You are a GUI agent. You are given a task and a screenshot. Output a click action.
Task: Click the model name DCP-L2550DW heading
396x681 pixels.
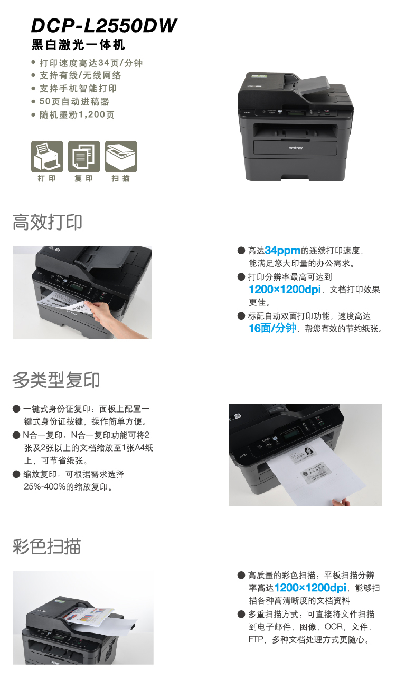coord(104,25)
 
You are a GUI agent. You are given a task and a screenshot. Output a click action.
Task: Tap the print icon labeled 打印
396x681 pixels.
coord(47,157)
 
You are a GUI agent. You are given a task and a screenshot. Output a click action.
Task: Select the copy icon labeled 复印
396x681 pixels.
coord(84,157)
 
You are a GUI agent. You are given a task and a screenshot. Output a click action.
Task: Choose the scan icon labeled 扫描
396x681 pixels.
coord(121,157)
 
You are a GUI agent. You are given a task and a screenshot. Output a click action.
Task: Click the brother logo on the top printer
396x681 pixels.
coord(296,148)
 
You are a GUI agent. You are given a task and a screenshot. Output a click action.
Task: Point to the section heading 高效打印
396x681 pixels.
coord(47,222)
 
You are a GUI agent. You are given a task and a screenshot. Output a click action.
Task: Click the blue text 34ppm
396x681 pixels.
coord(282,251)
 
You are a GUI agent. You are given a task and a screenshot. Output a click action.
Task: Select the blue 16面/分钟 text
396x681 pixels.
coord(272,328)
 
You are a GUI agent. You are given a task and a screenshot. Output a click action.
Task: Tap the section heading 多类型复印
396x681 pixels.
coord(56,380)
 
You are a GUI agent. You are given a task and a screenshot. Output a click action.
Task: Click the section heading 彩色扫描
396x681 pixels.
coord(46,546)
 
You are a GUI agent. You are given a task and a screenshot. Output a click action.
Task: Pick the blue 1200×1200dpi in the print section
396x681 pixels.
coord(285,290)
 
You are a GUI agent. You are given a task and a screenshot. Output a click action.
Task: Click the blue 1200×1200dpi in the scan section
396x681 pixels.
coord(310,588)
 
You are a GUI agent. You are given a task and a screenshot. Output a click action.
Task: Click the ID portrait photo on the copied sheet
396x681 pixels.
coord(308,449)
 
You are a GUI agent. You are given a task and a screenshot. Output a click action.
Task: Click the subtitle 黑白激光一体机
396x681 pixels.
coord(78,44)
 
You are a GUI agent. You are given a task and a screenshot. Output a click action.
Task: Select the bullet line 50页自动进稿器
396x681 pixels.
coord(74,101)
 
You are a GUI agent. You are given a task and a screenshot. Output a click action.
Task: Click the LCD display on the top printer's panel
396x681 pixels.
coord(295,113)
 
